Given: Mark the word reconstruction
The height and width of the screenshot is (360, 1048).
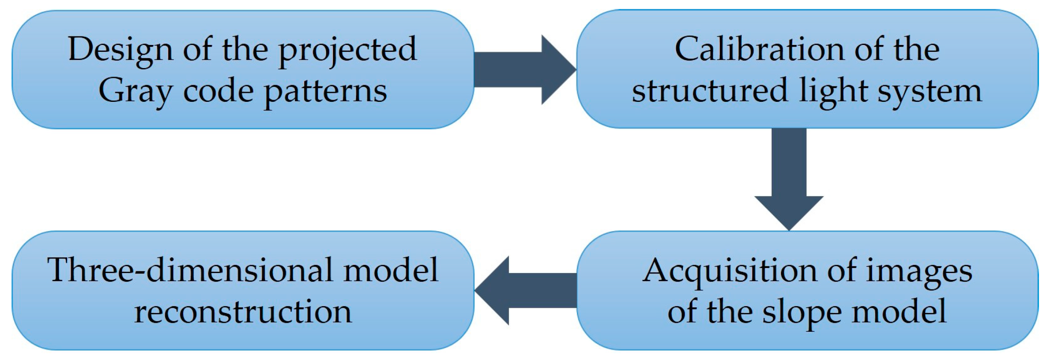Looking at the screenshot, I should pyautogui.click(x=243, y=312).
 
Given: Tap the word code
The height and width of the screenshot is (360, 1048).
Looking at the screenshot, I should pyautogui.click(x=218, y=91).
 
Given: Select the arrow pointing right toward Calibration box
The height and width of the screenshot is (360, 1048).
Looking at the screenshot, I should pyautogui.click(x=525, y=70).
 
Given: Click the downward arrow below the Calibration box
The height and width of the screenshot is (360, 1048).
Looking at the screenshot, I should pyautogui.click(x=789, y=180).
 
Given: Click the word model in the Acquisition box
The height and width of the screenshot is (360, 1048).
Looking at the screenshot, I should pyautogui.click(x=899, y=312).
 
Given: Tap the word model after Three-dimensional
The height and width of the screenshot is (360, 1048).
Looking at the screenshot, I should pyautogui.click(x=391, y=271).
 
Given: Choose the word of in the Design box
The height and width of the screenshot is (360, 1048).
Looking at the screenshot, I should pyautogui.click(x=197, y=49).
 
